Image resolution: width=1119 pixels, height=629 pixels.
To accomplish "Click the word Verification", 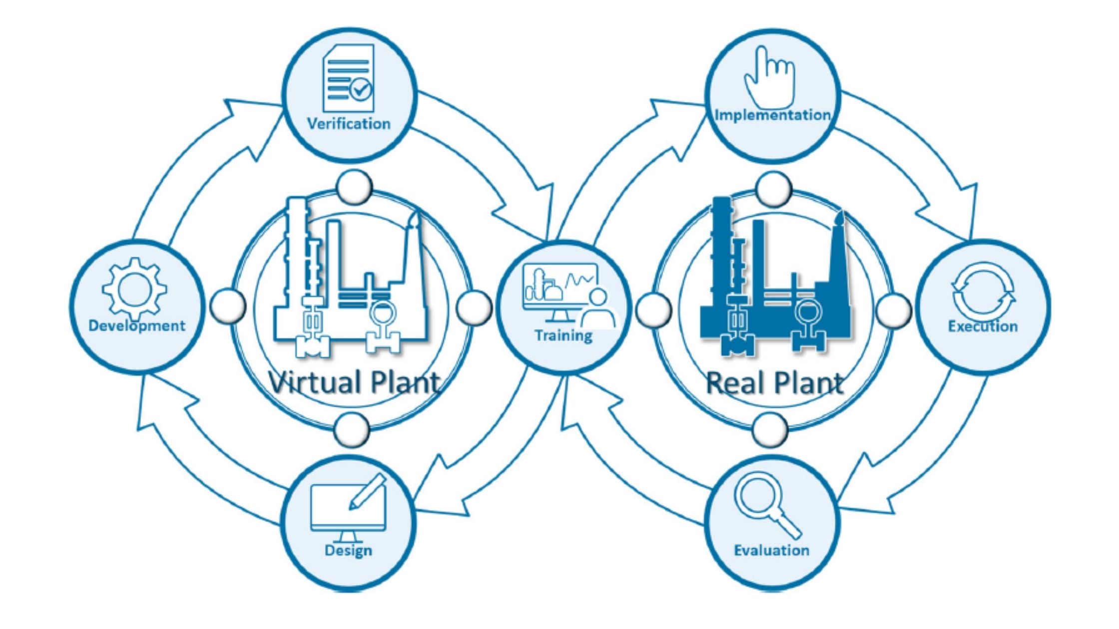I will pyautogui.click(x=349, y=123).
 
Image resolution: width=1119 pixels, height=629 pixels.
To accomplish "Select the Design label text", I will pyautogui.click(x=348, y=550).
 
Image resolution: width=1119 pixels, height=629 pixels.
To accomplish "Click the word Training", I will pyautogui.click(x=563, y=335).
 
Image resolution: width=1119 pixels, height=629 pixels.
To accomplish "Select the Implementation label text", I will pyautogui.click(x=773, y=115).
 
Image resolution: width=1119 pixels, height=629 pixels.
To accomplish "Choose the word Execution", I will pyautogui.click(x=983, y=326).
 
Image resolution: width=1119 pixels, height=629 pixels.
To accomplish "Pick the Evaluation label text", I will pyautogui.click(x=772, y=550).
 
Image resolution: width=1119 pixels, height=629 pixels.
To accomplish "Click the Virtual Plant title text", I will pyautogui.click(x=355, y=382).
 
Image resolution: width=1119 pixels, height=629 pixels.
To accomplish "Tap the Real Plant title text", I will pyautogui.click(x=775, y=383).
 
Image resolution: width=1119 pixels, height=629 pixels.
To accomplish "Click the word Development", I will pyautogui.click(x=136, y=325).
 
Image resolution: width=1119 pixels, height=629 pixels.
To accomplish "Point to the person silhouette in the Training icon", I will pyautogui.click(x=597, y=312).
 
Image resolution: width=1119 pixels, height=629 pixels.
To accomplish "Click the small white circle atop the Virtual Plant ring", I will pyautogui.click(x=354, y=187).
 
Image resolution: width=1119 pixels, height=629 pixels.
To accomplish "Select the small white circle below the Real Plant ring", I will pyautogui.click(x=769, y=429).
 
